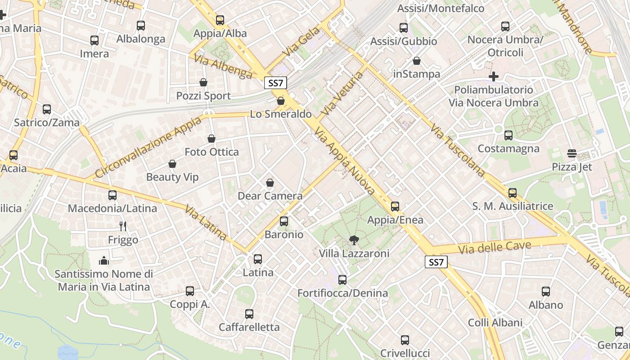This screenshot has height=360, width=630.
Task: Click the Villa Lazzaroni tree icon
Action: point(354,240)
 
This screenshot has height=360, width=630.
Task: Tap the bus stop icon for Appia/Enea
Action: point(395,207)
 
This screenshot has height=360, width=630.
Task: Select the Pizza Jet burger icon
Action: point(572,154)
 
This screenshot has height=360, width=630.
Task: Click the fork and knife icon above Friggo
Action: point(123,226)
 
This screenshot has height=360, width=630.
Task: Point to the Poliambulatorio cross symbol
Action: point(494,76)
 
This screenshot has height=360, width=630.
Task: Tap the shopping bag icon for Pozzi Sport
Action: point(203,83)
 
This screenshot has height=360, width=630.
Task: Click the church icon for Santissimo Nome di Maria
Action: point(104,261)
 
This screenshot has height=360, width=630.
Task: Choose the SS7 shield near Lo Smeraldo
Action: point(275,83)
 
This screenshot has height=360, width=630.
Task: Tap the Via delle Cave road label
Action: point(495,247)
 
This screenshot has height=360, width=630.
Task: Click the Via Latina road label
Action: point(206,222)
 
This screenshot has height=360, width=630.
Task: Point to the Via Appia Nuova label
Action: point(345,161)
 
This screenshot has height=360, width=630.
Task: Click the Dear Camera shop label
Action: point(270,196)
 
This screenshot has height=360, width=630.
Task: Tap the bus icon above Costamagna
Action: point(508,135)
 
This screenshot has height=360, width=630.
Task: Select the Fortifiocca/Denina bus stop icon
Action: point(342,280)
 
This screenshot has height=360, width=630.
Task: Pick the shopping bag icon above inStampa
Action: point(417,61)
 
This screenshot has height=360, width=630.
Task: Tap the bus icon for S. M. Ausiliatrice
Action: point(513,193)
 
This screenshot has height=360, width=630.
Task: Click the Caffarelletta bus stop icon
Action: point(249,314)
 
